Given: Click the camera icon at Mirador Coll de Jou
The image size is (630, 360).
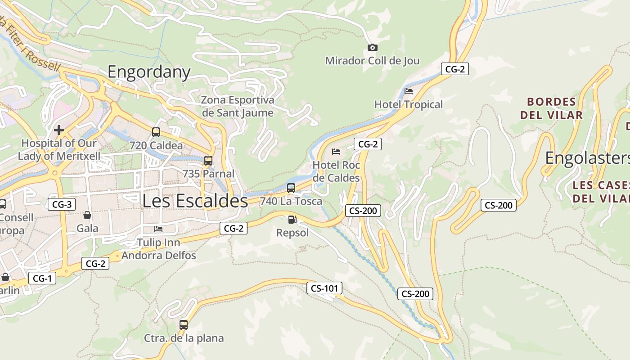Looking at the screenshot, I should (x=372, y=47).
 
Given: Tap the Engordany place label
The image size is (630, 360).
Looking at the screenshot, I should (x=149, y=72).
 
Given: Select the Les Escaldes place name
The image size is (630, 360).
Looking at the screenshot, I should (x=195, y=201).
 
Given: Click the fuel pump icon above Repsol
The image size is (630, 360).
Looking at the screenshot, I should (x=292, y=220).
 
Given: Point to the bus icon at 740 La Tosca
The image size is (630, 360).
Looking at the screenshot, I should (x=291, y=188).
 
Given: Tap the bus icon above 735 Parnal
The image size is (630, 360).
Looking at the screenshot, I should (x=208, y=161).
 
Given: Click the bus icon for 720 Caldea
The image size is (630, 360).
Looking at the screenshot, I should (x=156, y=132).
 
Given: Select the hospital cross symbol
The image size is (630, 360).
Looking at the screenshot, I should (x=58, y=130).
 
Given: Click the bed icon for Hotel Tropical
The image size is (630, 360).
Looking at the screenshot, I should (x=409, y=91).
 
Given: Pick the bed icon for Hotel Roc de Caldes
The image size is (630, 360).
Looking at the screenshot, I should (x=336, y=152).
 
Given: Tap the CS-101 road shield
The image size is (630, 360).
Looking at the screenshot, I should (x=324, y=288).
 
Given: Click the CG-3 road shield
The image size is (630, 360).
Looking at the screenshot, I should (x=62, y=204).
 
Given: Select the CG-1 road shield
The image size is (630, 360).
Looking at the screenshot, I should (x=42, y=278).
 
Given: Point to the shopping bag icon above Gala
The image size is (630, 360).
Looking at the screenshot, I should (x=87, y=215).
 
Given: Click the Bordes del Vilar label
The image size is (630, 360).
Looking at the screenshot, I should (x=551, y=108).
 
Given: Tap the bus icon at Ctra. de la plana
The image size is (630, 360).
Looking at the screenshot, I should (x=184, y=324).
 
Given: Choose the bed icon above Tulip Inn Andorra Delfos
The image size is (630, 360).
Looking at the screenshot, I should (x=158, y=229).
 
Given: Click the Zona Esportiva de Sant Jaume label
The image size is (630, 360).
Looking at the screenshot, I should (x=237, y=106).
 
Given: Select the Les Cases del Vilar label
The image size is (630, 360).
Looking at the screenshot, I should (x=601, y=192).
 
